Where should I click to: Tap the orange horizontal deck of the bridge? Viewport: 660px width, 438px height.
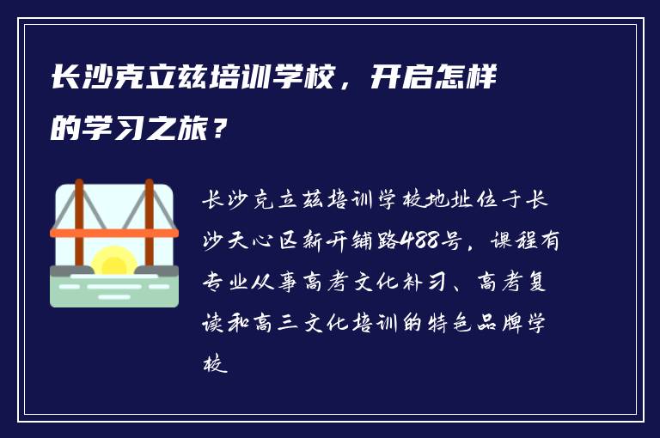(x=114, y=233)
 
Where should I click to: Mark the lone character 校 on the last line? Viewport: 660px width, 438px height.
(x=213, y=365)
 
